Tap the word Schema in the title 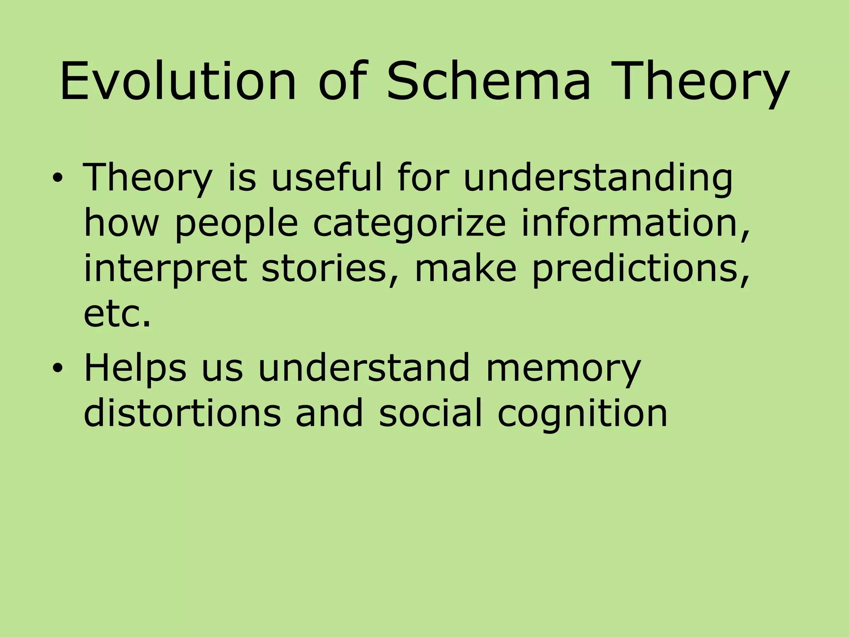click(x=488, y=81)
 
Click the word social click(x=431, y=413)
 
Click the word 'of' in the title click(x=342, y=81)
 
